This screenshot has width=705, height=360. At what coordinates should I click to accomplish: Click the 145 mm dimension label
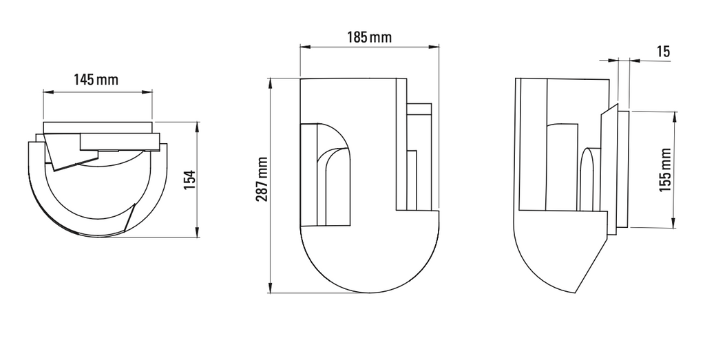click(96, 79)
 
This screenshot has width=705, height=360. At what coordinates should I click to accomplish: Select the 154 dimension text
click(191, 178)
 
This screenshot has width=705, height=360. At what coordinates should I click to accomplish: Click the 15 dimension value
click(663, 52)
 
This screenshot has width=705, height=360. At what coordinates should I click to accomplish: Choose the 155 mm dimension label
click(665, 169)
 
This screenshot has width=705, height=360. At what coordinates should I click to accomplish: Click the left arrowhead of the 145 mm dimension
click(46, 91)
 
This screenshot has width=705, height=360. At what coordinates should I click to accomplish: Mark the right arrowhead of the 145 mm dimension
click(149, 91)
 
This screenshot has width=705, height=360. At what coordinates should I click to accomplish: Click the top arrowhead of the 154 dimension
click(198, 126)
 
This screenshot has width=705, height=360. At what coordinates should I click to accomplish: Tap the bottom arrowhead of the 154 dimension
click(198, 234)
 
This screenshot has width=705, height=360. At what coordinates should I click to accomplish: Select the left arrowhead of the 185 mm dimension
click(304, 47)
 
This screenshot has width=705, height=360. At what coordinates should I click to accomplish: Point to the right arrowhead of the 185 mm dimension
click(435, 47)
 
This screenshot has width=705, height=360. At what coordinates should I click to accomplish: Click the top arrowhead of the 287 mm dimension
click(271, 83)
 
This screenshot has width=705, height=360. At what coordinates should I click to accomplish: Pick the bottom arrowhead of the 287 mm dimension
click(271, 289)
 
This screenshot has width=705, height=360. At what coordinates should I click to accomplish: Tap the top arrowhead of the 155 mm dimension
click(675, 114)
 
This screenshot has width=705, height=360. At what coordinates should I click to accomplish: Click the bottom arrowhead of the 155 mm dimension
click(675, 223)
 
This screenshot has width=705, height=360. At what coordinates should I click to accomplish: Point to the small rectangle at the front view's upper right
click(419, 110)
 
